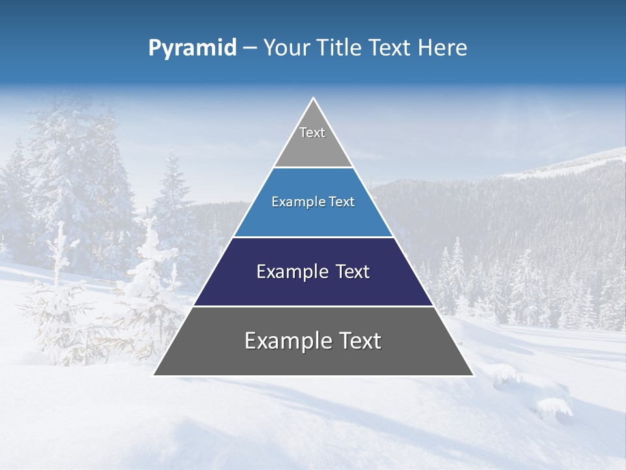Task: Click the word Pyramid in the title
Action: [192, 48]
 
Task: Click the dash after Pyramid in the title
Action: [249, 48]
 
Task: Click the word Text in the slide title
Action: [391, 48]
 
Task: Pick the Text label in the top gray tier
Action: [312, 133]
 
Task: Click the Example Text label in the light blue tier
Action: [313, 202]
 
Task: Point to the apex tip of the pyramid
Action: [314, 99]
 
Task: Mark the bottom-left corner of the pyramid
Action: [154, 375]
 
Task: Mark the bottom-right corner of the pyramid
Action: [473, 375]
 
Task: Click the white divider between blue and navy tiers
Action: [314, 237]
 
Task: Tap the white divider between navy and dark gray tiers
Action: [314, 306]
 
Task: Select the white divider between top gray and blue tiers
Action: [314, 168]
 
